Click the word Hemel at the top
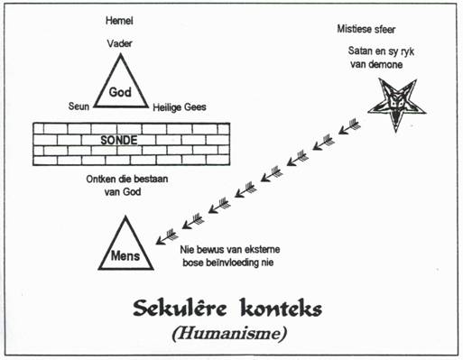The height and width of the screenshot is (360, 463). (x=119, y=21)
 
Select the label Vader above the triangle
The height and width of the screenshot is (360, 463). (x=119, y=43)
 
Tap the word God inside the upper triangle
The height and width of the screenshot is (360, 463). (x=120, y=92)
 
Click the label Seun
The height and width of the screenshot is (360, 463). (x=79, y=106)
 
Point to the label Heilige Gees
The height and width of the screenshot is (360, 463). (x=180, y=107)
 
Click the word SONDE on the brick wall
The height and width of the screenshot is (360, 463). (x=119, y=140)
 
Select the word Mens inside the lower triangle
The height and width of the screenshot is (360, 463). (x=125, y=256)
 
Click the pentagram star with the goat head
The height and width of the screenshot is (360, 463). (x=397, y=104)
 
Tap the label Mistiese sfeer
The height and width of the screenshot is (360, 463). (x=366, y=29)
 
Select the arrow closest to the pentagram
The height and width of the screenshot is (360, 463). (x=349, y=126)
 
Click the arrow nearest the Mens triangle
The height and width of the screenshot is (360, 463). (x=167, y=236)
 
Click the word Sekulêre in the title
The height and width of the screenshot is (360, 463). (x=180, y=308)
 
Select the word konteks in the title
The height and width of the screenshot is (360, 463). (x=282, y=308)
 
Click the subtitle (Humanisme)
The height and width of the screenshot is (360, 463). (x=229, y=333)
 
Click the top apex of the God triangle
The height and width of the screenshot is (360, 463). (x=121, y=54)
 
